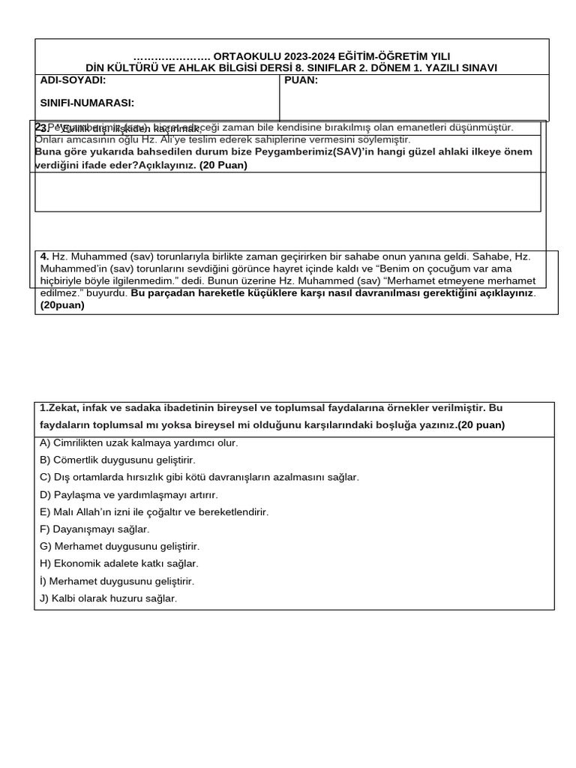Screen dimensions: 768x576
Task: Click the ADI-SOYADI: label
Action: pos(72,80)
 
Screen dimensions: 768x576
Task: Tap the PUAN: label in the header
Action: pos(301,80)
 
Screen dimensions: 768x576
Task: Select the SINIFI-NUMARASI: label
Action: pos(86,103)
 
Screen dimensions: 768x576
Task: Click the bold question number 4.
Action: pos(44,256)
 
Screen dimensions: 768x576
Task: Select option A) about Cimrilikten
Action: pos(139,442)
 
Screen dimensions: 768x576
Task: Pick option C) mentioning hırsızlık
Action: pos(199,477)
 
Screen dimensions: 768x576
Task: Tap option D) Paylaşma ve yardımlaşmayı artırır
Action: pos(128,494)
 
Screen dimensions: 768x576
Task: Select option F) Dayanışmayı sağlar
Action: pos(94,529)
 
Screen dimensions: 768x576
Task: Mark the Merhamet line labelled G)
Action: pos(120,546)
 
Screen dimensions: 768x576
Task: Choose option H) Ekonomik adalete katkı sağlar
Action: pos(118,563)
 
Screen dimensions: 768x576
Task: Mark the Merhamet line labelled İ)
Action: pos(117,581)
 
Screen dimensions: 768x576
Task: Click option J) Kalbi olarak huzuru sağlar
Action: pos(108,598)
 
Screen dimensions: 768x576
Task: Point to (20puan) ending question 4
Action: pos(62,305)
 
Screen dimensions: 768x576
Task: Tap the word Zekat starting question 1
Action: pos(58,408)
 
